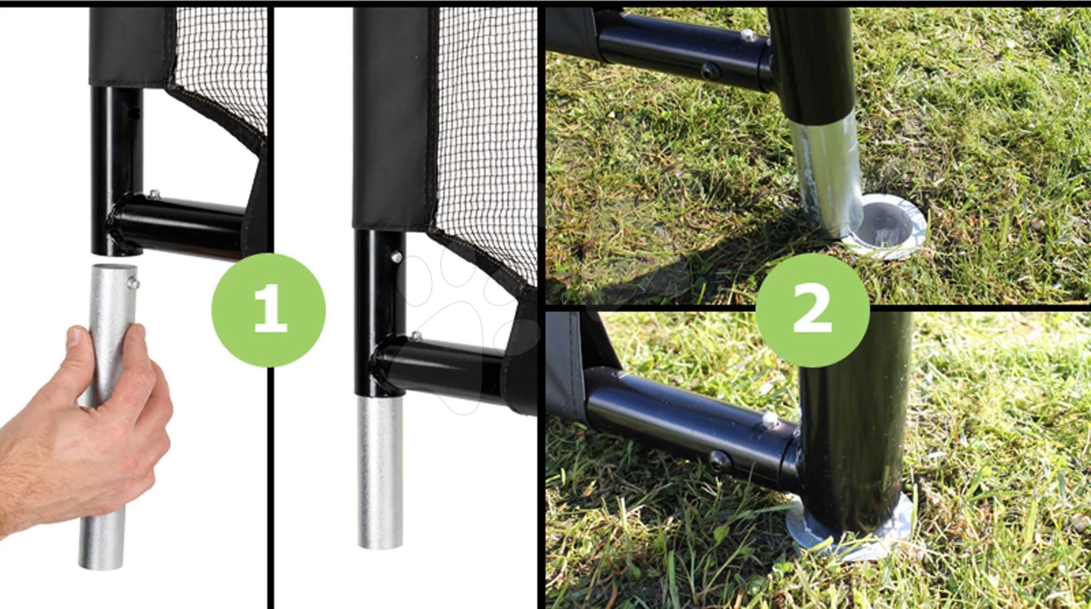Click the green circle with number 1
tap(268, 310)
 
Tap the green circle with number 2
tap(812, 310)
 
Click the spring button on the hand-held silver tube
tap(134, 282)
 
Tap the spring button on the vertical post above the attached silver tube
tap(396, 256)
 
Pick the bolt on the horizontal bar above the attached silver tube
tap(416, 335)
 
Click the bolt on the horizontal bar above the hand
tap(154, 194)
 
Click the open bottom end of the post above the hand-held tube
tap(117, 252)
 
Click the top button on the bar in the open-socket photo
tap(747, 35)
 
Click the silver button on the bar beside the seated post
tap(770, 420)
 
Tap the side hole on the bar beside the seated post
tap(719, 461)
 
